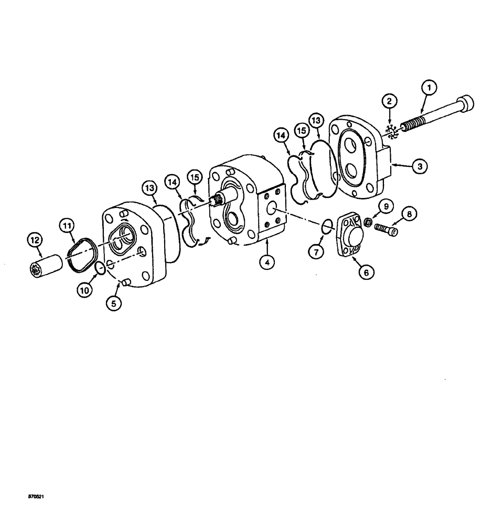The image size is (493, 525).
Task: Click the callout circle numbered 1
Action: click(x=429, y=88)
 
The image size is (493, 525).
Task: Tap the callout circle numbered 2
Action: click(x=390, y=101)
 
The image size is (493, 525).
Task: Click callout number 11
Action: click(x=67, y=227)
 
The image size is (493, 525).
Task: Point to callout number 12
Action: click(x=35, y=241)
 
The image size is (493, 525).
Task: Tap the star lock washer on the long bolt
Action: click(x=393, y=132)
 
